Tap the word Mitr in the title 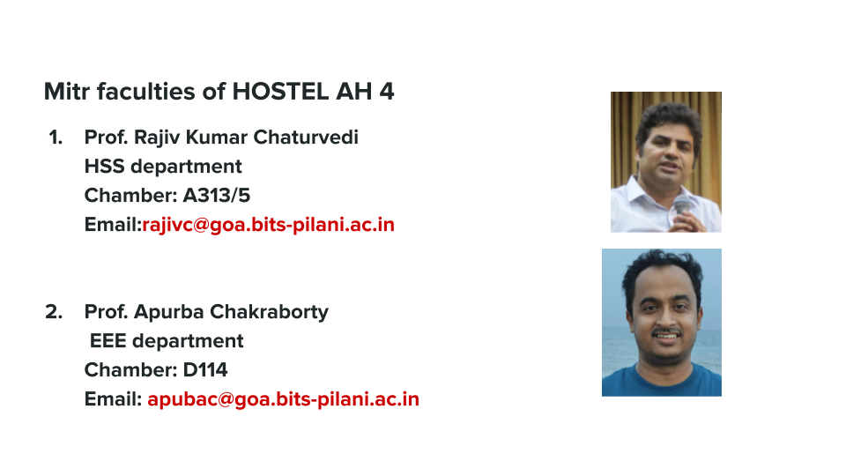point(66,91)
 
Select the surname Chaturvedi point(306,138)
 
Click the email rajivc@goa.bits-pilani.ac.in point(268,225)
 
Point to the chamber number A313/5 point(217,196)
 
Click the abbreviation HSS point(105,167)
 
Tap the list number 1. point(56,138)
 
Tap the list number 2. point(54,312)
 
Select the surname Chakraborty point(269,312)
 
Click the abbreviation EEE point(108,341)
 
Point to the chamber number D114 point(205,370)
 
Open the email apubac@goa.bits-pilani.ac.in point(283,399)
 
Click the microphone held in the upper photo point(682,207)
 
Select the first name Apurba point(169,312)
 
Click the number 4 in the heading point(387,91)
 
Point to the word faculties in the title point(146,91)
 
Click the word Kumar point(217,138)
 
